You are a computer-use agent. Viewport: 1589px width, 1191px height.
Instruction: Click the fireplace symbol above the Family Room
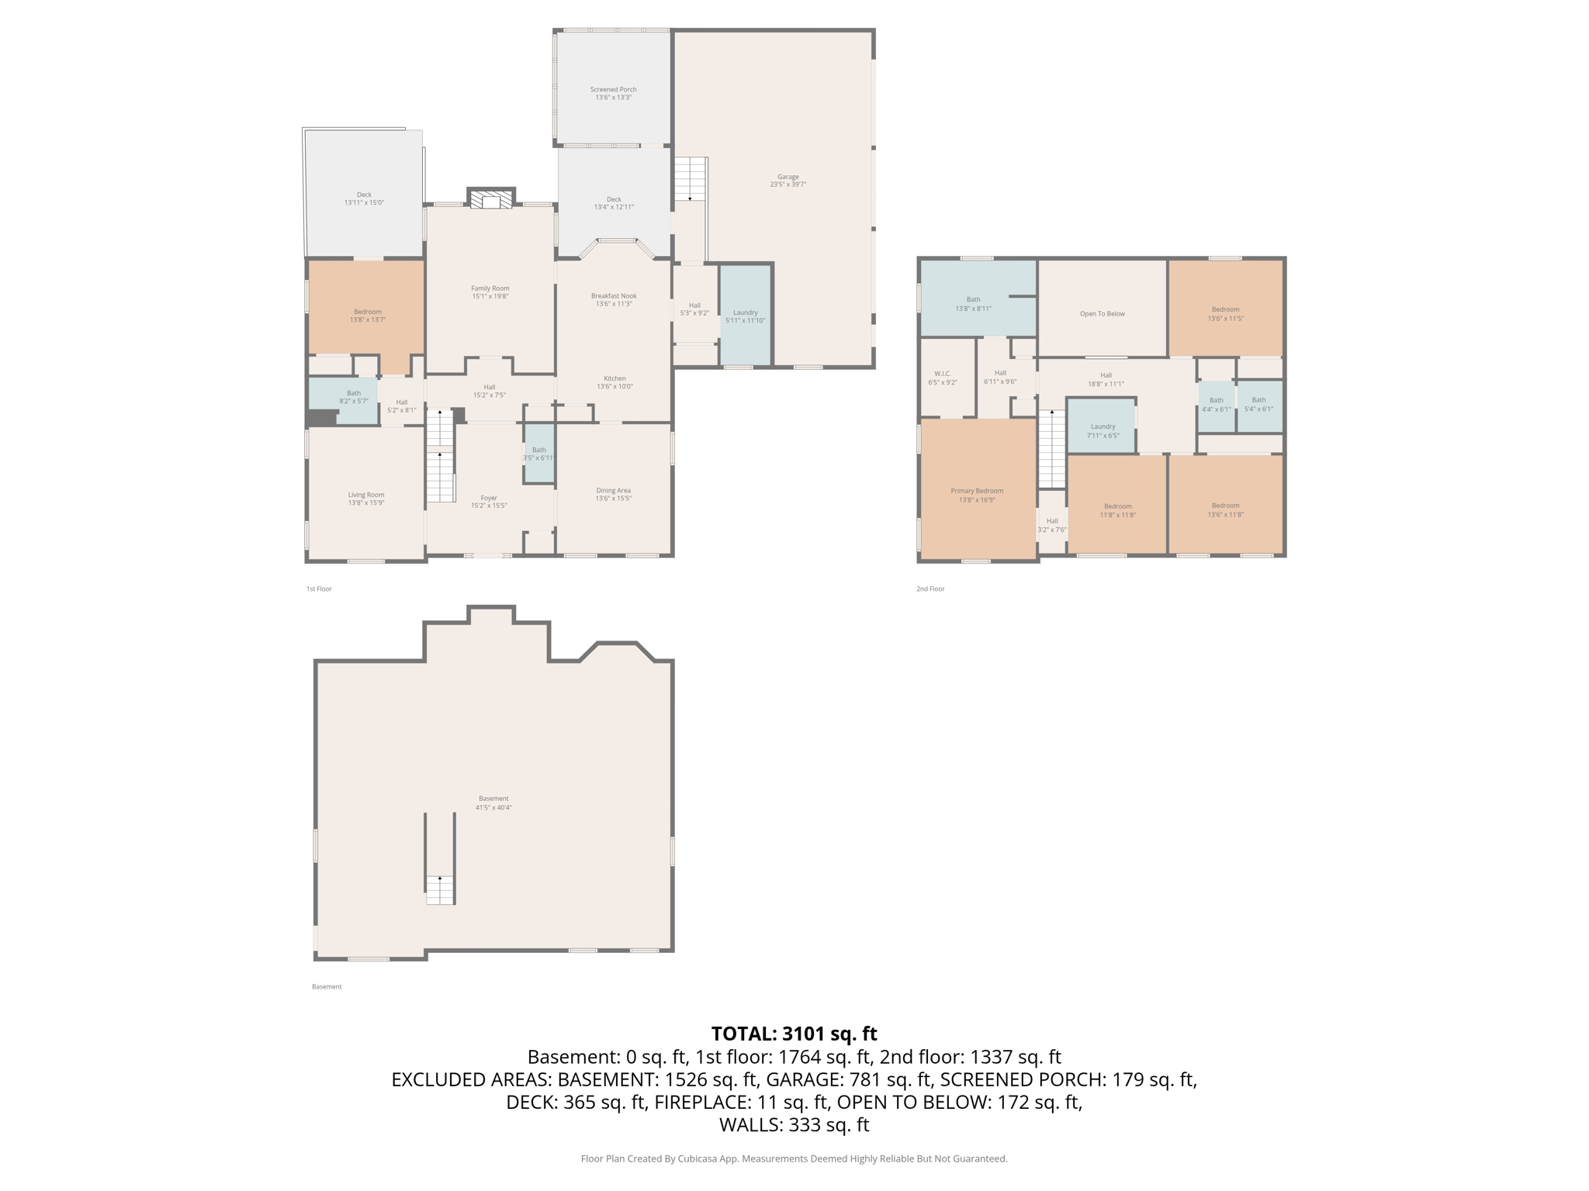(x=490, y=200)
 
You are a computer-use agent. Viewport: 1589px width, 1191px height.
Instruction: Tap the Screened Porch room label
(x=613, y=93)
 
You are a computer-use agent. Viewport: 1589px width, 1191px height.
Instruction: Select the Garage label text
(x=788, y=180)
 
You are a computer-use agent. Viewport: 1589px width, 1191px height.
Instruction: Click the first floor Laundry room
(x=745, y=316)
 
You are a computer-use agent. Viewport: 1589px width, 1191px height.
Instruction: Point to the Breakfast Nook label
(x=613, y=299)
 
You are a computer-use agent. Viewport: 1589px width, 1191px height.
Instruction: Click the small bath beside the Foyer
(x=538, y=454)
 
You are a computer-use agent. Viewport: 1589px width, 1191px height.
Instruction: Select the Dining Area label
(x=613, y=494)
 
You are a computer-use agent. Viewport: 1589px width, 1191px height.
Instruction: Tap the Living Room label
(x=365, y=499)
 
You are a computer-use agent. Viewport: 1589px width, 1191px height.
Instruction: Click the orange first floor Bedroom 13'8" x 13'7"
(x=367, y=315)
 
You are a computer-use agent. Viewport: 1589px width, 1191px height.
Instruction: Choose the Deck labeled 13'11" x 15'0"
(x=364, y=198)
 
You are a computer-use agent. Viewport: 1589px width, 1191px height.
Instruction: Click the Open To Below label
(x=1102, y=314)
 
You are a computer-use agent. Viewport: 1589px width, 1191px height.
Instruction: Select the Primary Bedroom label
(x=977, y=495)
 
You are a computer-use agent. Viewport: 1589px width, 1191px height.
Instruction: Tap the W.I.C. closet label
(x=942, y=378)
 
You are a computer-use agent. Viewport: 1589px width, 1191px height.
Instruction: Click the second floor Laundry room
(x=1102, y=430)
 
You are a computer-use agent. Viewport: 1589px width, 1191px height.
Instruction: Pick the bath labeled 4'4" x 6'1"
(x=1216, y=405)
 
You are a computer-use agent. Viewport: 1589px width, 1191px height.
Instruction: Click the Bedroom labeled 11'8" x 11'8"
(x=1117, y=510)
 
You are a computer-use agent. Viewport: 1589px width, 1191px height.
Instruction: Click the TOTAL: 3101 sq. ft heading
(x=794, y=1034)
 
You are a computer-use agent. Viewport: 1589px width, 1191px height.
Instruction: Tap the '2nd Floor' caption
(x=930, y=589)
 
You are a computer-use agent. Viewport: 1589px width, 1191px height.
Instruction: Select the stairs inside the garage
(x=690, y=180)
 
